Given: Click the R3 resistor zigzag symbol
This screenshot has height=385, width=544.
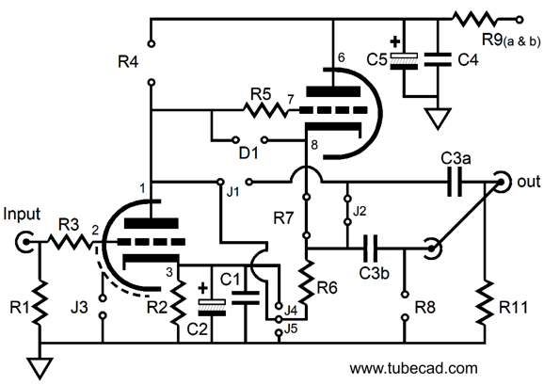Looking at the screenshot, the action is coord(70,241).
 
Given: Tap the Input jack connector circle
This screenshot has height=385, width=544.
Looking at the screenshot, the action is coord(24,241).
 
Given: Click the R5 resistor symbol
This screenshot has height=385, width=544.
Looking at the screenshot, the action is coord(265,110).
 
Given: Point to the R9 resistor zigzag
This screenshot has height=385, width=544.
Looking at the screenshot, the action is coord(475,19).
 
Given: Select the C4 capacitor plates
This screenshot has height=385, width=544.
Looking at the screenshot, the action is coord(438,59).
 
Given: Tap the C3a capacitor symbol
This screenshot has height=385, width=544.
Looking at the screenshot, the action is coord(455,182).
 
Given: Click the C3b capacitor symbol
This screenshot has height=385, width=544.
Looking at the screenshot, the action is coord(370,249).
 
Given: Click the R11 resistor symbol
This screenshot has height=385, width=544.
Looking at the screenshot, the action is coord(485,303).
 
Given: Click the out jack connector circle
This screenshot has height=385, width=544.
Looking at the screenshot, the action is coord(501,182).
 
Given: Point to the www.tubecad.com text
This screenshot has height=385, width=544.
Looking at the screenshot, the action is coord(413,368).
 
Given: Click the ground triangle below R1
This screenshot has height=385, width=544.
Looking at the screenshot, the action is coord(40,367).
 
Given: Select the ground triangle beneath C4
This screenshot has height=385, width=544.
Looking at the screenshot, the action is coord(438,118).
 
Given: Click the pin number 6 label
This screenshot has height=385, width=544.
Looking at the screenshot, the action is coord(342,57).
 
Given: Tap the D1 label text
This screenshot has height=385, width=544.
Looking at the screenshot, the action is coord(248,152).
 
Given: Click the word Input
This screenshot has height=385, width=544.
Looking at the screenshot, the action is coord(22,215).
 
